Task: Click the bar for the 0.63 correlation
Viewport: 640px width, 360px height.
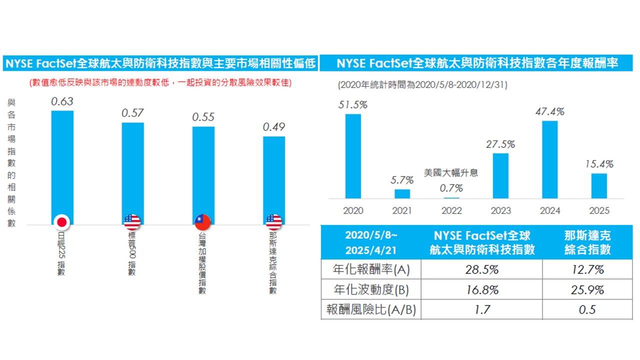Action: pyautogui.click(x=62, y=165)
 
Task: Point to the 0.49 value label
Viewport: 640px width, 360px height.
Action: pyautogui.click(x=274, y=127)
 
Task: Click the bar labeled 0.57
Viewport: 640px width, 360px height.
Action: pyautogui.click(x=132, y=170)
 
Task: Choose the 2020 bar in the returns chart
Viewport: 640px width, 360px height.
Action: pyautogui.click(x=353, y=156)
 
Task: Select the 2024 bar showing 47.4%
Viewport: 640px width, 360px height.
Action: pyautogui.click(x=549, y=159)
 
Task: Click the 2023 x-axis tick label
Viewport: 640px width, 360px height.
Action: pyautogui.click(x=500, y=210)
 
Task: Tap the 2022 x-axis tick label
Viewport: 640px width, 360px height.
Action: pyautogui.click(x=451, y=210)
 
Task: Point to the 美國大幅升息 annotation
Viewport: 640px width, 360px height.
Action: pyautogui.click(x=451, y=173)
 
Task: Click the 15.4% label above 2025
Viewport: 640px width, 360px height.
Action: pyautogui.click(x=599, y=164)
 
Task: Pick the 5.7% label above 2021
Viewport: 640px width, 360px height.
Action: pyautogui.click(x=402, y=180)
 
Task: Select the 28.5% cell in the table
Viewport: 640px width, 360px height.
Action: pyautogui.click(x=481, y=269)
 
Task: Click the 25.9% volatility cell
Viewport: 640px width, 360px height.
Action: pyautogui.click(x=587, y=290)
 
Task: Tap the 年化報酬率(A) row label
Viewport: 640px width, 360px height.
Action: pyautogui.click(x=371, y=269)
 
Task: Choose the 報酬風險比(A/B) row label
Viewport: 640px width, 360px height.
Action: pyautogui.click(x=371, y=310)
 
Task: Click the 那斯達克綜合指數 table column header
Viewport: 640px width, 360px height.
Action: pyautogui.click(x=587, y=242)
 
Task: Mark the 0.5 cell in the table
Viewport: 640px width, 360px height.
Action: pyautogui.click(x=587, y=310)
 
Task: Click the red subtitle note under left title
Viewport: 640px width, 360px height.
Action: pyautogui.click(x=160, y=82)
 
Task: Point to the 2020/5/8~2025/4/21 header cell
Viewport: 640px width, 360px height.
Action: pyautogui.click(x=371, y=242)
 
